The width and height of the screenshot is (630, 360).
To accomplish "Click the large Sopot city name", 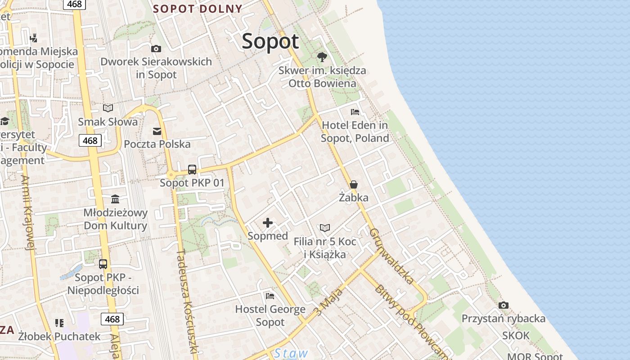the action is (x=270, y=41).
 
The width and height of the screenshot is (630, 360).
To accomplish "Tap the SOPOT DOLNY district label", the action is (x=198, y=9).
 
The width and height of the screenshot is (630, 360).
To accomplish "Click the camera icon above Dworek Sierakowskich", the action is (x=156, y=49).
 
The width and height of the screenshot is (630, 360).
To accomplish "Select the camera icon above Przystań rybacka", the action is (x=504, y=306).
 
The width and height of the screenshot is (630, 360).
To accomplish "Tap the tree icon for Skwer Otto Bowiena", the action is (x=322, y=57).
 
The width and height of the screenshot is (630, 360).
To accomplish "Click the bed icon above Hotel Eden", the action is (x=355, y=112).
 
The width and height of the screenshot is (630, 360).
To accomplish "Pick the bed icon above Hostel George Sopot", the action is (x=270, y=296).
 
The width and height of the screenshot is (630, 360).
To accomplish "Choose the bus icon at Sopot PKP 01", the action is (x=192, y=170).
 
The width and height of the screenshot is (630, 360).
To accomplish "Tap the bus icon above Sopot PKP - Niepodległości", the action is (x=103, y=264).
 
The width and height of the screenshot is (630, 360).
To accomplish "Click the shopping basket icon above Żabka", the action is (x=354, y=184).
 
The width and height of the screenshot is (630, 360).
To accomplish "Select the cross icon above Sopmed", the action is (x=268, y=223).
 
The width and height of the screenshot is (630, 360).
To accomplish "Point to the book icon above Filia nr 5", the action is (x=325, y=228).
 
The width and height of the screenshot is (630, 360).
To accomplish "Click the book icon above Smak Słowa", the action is (x=108, y=108).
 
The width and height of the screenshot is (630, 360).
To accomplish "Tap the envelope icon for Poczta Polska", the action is (x=157, y=131).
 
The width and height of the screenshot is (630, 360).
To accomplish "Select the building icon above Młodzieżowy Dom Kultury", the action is (x=115, y=199).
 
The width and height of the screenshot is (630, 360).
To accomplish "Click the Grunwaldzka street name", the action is (x=392, y=256).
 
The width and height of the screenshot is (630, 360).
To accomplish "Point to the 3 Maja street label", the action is (x=329, y=301).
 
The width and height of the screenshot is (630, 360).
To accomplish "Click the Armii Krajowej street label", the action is (x=28, y=211).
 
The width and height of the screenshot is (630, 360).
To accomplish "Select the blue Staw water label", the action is (x=291, y=353).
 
